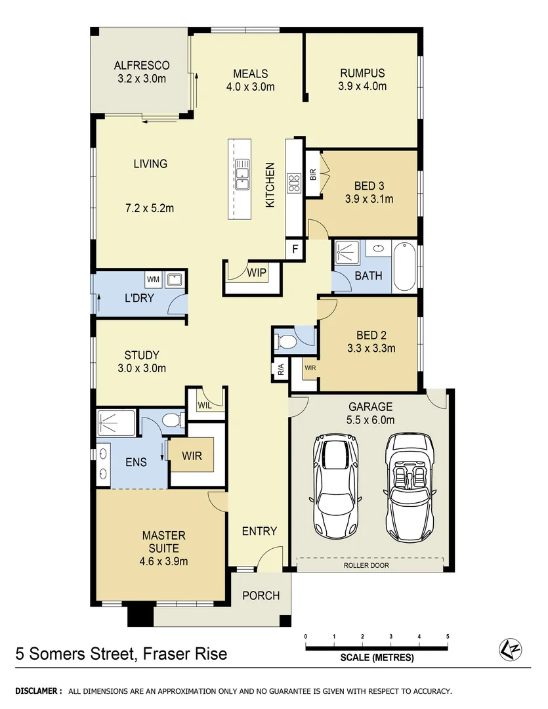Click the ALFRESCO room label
[x=142, y=66]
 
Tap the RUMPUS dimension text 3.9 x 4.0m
[x=362, y=86]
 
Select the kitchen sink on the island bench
[x=242, y=175]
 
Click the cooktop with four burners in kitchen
[x=293, y=182]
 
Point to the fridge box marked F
[x=295, y=249]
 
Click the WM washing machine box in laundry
[x=153, y=280]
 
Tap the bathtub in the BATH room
[x=404, y=268]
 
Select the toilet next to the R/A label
[x=287, y=341]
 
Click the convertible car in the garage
[x=407, y=485]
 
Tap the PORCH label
[x=261, y=596]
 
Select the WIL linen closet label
[x=205, y=406]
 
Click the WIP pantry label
[x=257, y=272]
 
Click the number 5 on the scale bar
[x=448, y=637]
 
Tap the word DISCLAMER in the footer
[x=39, y=691]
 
